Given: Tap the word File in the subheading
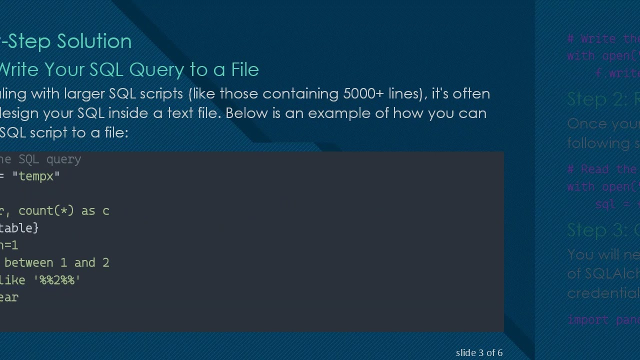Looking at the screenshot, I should [x=245, y=69].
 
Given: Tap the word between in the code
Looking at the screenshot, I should [x=29, y=263].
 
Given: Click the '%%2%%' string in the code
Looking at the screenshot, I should [x=57, y=280].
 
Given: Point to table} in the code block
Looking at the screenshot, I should [x=19, y=228].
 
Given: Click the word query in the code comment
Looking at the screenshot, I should [x=63, y=159].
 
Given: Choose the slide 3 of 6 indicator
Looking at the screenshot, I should [x=479, y=352].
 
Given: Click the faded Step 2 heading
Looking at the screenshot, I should [x=602, y=99].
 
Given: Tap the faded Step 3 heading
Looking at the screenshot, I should [x=602, y=230].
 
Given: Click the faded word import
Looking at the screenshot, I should [x=587, y=319].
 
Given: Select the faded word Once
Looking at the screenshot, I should [x=585, y=124].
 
